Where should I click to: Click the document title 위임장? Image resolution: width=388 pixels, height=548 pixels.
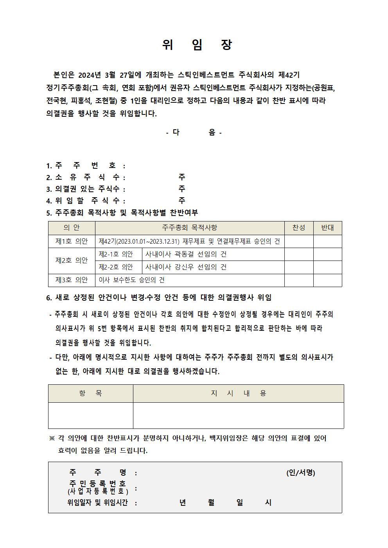click(x=197, y=45)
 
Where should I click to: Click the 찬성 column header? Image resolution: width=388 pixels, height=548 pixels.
click(x=298, y=228)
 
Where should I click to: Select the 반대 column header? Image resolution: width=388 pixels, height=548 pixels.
click(x=327, y=228)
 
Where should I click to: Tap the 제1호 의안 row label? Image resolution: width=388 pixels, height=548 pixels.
click(x=72, y=241)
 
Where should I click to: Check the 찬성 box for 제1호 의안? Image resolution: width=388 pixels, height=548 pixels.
click(x=298, y=241)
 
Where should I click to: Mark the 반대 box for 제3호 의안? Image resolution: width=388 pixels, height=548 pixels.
click(x=327, y=280)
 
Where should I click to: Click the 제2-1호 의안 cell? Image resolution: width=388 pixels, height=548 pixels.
click(x=116, y=254)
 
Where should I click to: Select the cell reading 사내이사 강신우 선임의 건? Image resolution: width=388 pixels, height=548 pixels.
click(x=186, y=268)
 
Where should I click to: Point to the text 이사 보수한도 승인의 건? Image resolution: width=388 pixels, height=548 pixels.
click(x=132, y=280)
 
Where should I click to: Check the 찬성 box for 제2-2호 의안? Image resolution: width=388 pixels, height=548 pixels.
click(x=298, y=268)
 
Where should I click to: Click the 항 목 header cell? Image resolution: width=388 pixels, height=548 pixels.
click(x=90, y=393)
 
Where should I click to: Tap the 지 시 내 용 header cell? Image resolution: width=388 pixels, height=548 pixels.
click(x=238, y=393)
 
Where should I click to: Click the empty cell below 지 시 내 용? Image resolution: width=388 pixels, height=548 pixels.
click(x=238, y=416)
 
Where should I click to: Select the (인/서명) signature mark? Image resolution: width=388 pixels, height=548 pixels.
click(x=300, y=473)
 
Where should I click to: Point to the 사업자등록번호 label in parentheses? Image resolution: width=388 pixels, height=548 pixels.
click(x=98, y=491)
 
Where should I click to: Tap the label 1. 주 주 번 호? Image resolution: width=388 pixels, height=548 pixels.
click(x=86, y=166)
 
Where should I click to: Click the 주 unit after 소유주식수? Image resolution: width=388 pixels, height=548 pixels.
click(x=182, y=177)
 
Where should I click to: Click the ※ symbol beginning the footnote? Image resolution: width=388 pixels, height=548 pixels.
click(x=52, y=438)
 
